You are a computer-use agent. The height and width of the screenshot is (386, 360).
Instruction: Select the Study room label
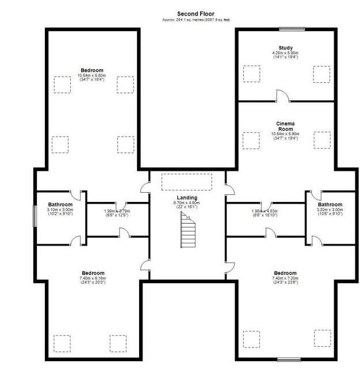(x=285, y=48)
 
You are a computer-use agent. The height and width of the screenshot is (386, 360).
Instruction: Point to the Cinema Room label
(x=285, y=126)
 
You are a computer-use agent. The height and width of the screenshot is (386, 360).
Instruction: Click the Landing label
(x=186, y=198)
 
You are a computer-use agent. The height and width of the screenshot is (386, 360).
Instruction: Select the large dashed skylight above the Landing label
(x=187, y=182)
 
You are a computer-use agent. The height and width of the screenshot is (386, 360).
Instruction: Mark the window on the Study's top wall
(x=292, y=28)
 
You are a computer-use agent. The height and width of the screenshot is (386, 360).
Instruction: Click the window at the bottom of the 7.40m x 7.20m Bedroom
(x=289, y=360)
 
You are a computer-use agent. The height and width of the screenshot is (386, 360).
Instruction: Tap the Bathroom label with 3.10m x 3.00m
(x=60, y=205)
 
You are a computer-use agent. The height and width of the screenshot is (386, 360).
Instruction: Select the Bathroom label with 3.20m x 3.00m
(x=330, y=205)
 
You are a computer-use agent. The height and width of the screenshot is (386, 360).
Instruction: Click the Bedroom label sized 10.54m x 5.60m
(x=92, y=70)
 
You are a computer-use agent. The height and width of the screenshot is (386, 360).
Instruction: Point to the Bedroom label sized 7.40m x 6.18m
(x=93, y=273)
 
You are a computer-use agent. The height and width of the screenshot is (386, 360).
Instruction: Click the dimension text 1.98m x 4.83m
(x=265, y=211)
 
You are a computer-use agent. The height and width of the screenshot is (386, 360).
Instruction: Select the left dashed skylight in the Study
(x=251, y=74)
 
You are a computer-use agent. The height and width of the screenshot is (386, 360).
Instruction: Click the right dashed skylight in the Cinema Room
(x=322, y=140)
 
